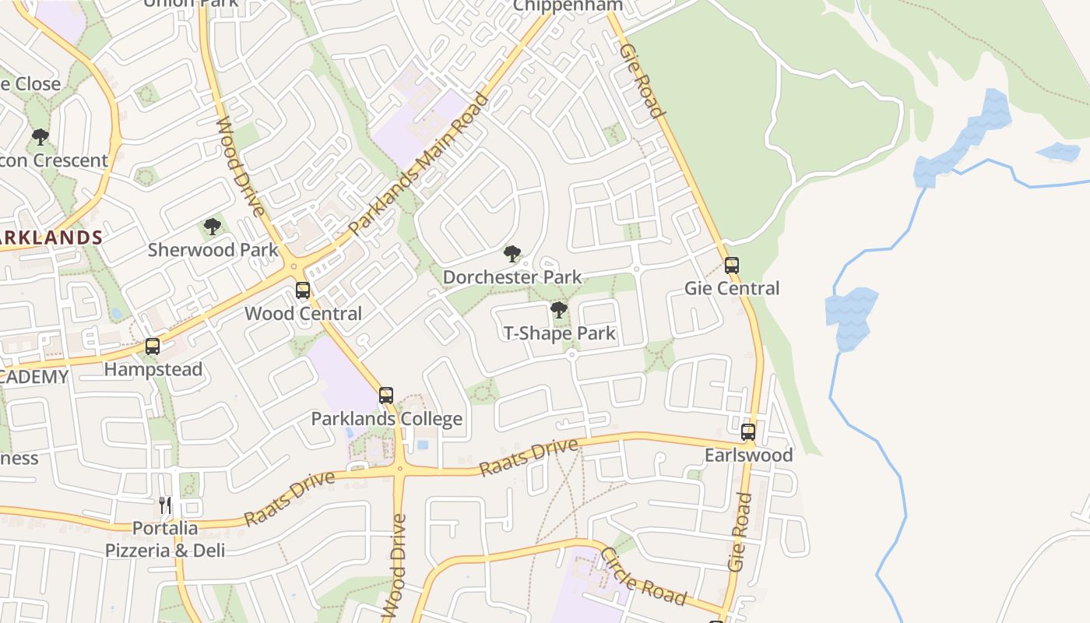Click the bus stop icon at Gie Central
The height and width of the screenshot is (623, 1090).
click(731, 266)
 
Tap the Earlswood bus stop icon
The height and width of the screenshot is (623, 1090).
click(748, 432)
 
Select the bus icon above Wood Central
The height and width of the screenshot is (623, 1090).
click(303, 290)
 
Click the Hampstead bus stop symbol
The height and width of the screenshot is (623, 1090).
click(153, 347)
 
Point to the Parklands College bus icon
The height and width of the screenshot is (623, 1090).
click(386, 396)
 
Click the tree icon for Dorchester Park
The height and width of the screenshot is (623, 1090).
click(512, 254)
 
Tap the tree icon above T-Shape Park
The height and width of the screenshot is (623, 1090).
click(558, 310)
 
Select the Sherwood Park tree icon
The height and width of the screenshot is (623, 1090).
click(212, 227)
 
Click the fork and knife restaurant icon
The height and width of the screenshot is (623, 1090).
click(165, 505)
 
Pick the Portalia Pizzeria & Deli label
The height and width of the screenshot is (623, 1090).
click(165, 539)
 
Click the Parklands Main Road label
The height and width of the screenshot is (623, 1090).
click(419, 165)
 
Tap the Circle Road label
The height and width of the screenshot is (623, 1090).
click(643, 577)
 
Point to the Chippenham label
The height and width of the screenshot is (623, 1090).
click(568, 5)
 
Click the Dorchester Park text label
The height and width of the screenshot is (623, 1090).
click(512, 277)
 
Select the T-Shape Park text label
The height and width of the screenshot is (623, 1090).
click(559, 333)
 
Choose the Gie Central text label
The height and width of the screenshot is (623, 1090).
click(731, 289)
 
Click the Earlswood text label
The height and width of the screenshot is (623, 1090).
click(748, 455)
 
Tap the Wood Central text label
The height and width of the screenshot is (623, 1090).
click(303, 314)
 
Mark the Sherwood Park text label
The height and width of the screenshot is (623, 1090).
click(213, 250)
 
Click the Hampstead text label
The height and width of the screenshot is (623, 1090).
click(153, 369)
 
